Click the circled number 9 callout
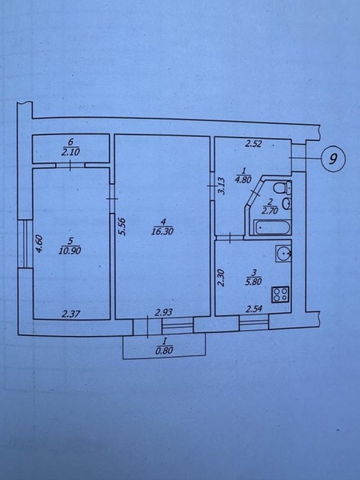333,158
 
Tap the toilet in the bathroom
282,188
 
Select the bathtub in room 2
272,227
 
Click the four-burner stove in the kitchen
280,294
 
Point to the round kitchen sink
283,254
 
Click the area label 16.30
162,231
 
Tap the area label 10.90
70,251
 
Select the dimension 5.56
122,226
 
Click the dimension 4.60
39,244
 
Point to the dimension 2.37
71,314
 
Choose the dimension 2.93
164,312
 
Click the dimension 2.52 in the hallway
254,143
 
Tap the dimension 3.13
222,186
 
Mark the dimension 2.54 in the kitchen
254,309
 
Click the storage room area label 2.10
70,152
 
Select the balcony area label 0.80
164,350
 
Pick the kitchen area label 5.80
253,281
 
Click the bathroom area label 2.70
270,211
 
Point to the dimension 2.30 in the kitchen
221,278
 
